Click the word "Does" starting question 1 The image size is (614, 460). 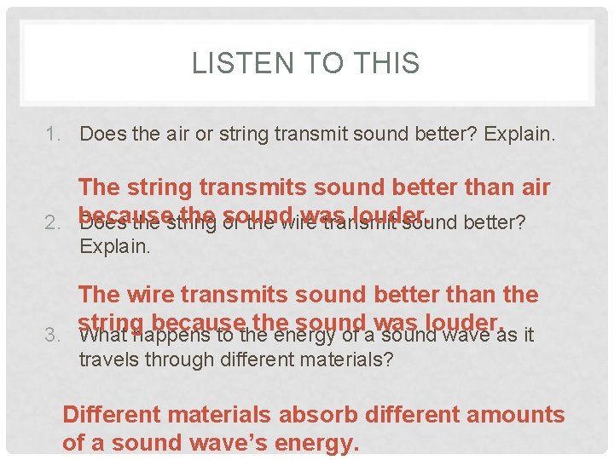coord(99,134)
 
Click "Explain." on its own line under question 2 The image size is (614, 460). coord(114,248)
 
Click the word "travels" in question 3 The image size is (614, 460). coord(108,359)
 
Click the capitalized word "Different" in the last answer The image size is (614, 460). coord(113,415)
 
